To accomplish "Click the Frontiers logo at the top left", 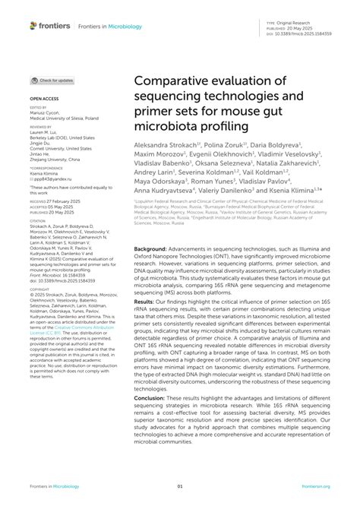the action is click(49, 26).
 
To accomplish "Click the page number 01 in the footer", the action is click(180, 485).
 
